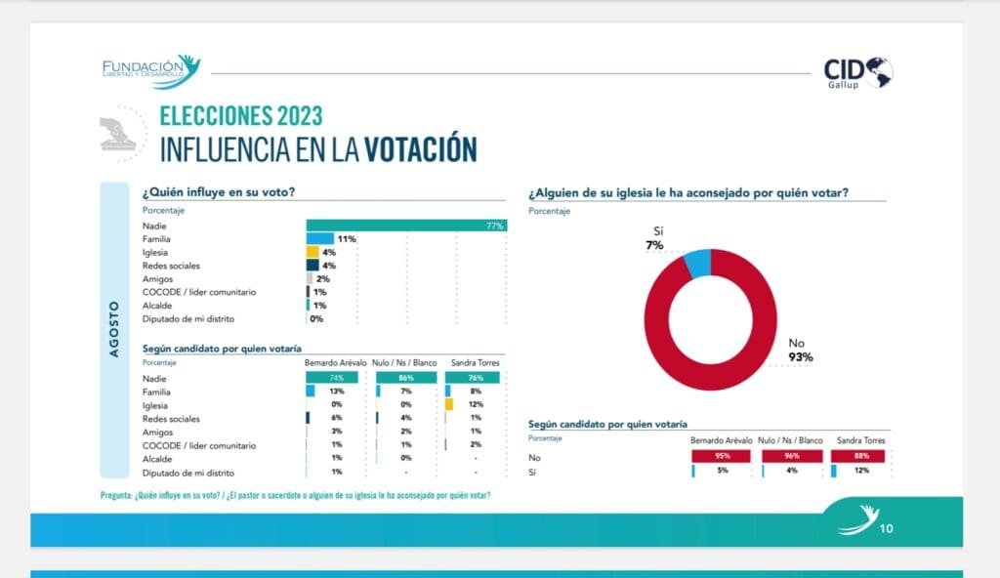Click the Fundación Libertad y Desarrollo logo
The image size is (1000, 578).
tap(151, 70)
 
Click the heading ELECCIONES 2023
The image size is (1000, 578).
tap(240, 116)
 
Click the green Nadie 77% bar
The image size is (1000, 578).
tap(406, 226)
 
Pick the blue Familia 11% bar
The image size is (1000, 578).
tap(320, 238)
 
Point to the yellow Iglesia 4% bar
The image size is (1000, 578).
tap(312, 252)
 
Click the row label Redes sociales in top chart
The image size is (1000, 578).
tap(171, 266)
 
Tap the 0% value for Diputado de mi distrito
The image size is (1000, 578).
tap(316, 318)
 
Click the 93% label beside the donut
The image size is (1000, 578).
tap(802, 357)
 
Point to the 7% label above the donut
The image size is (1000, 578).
tap(653, 245)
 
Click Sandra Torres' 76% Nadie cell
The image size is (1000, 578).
tap(476, 378)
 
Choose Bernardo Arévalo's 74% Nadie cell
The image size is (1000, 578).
tap(336, 378)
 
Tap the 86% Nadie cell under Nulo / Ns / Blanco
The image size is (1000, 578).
tap(407, 378)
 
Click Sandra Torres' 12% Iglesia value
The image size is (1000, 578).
tap(477, 405)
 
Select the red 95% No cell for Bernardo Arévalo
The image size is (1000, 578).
tap(722, 456)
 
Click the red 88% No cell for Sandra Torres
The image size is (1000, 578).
tap(858, 456)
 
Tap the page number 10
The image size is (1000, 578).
tap(887, 528)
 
